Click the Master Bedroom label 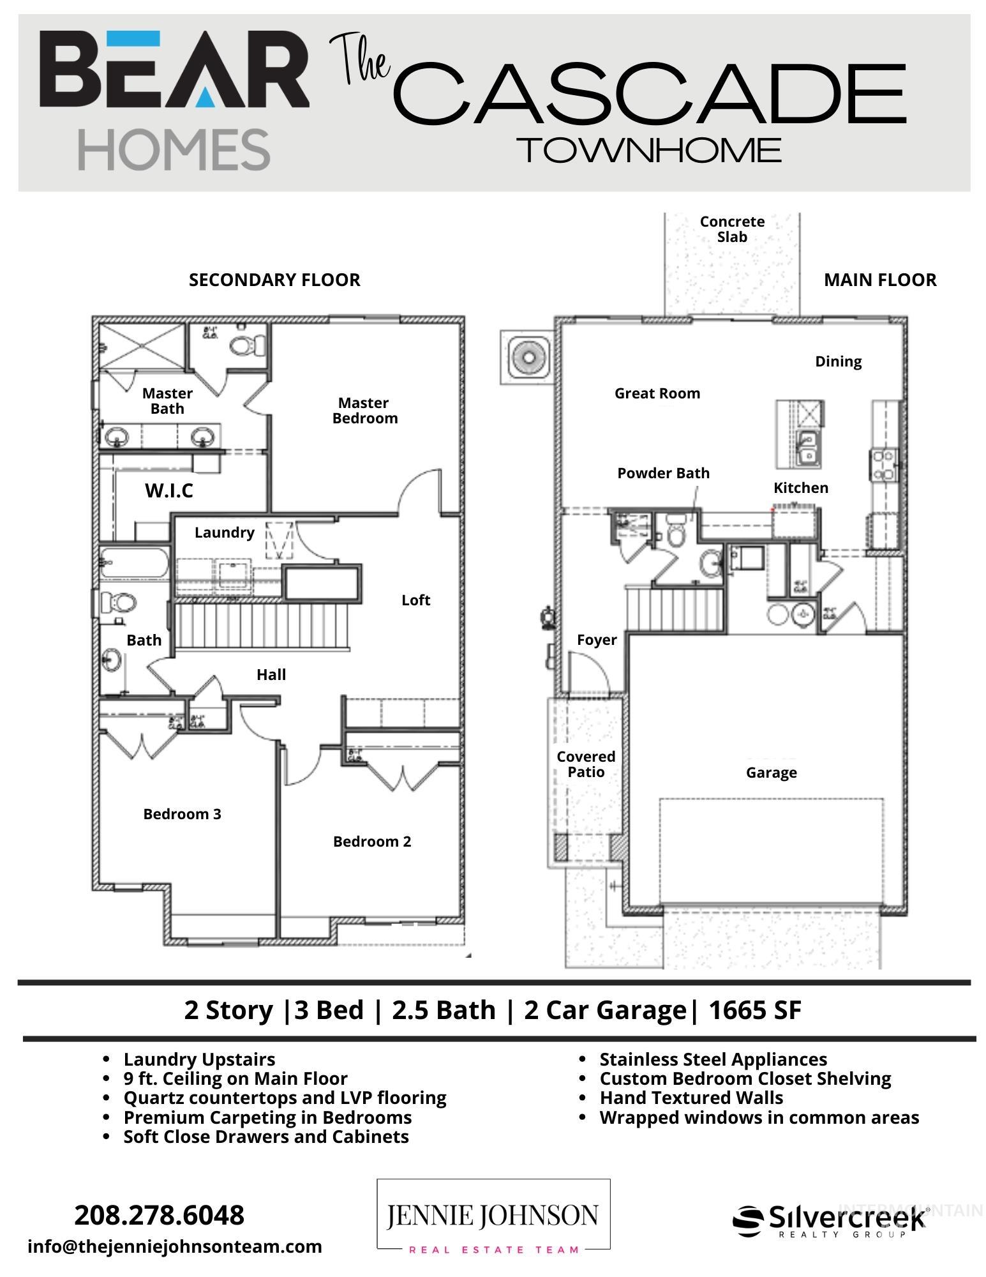point(364,411)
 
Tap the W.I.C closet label point(169,490)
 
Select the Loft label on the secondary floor point(415,600)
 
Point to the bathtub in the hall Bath point(135,563)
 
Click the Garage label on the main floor point(771,773)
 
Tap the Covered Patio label point(585,764)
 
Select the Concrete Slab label point(731,229)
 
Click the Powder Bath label point(663,473)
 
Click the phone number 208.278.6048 point(159,1215)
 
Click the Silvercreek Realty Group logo point(830,1220)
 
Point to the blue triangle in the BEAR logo point(204,96)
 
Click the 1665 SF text point(754,1010)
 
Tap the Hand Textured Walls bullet point(691,1098)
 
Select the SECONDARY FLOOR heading point(274,280)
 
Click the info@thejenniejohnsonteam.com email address point(174,1246)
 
